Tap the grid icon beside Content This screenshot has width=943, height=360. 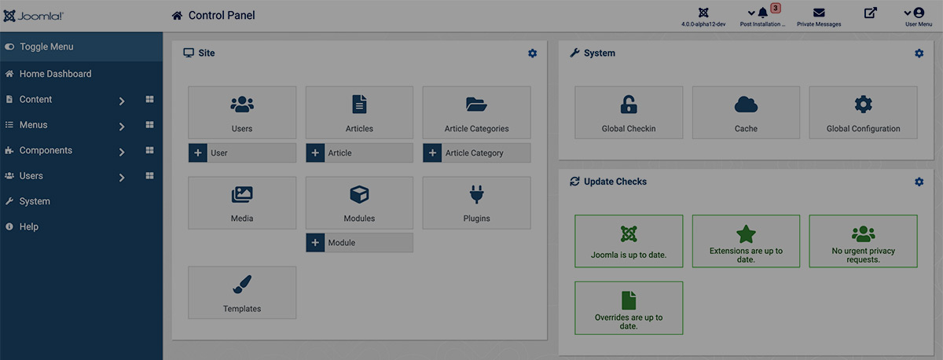(x=149, y=99)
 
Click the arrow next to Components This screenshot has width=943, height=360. (x=122, y=152)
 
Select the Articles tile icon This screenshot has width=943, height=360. (x=359, y=104)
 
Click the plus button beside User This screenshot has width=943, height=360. (x=198, y=152)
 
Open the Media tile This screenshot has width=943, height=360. (x=242, y=203)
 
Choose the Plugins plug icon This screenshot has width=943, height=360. (x=476, y=194)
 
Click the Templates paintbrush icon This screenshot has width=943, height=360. (x=242, y=285)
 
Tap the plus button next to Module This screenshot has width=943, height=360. (x=315, y=243)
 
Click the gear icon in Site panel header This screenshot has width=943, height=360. (x=533, y=53)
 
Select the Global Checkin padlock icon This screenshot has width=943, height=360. (x=629, y=105)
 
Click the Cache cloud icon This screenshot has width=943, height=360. (x=746, y=105)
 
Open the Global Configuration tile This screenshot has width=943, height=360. (x=863, y=112)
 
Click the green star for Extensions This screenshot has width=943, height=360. (x=746, y=234)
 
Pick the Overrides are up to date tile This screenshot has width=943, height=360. (x=629, y=308)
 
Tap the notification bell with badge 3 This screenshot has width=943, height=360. (x=763, y=13)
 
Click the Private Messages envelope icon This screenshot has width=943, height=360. (x=819, y=13)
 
